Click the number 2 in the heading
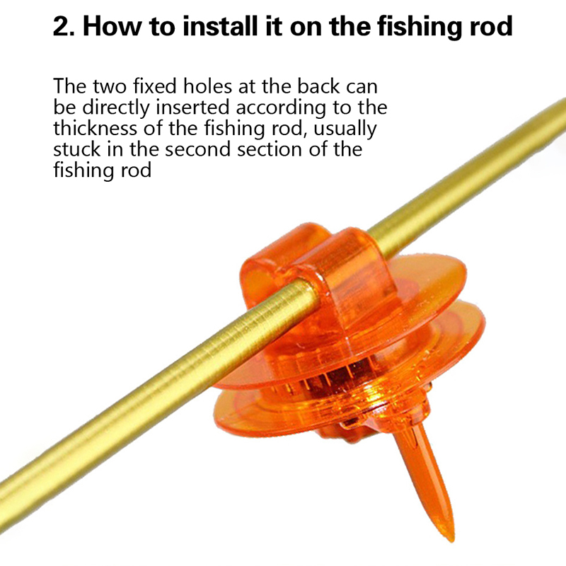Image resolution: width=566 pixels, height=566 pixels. coord(62,26)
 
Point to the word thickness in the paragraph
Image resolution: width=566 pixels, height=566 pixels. coord(96,128)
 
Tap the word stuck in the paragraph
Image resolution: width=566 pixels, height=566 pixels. coord(77,149)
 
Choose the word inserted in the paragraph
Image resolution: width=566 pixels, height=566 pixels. coord(192,108)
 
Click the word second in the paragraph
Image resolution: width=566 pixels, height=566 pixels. coord(198,149)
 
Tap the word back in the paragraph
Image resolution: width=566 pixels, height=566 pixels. coord(318,86)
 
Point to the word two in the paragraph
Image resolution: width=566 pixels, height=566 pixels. coord(110,87)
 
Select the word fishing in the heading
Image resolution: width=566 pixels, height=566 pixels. coord(420,28)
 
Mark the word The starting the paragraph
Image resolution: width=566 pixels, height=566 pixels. coord(70,86)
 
